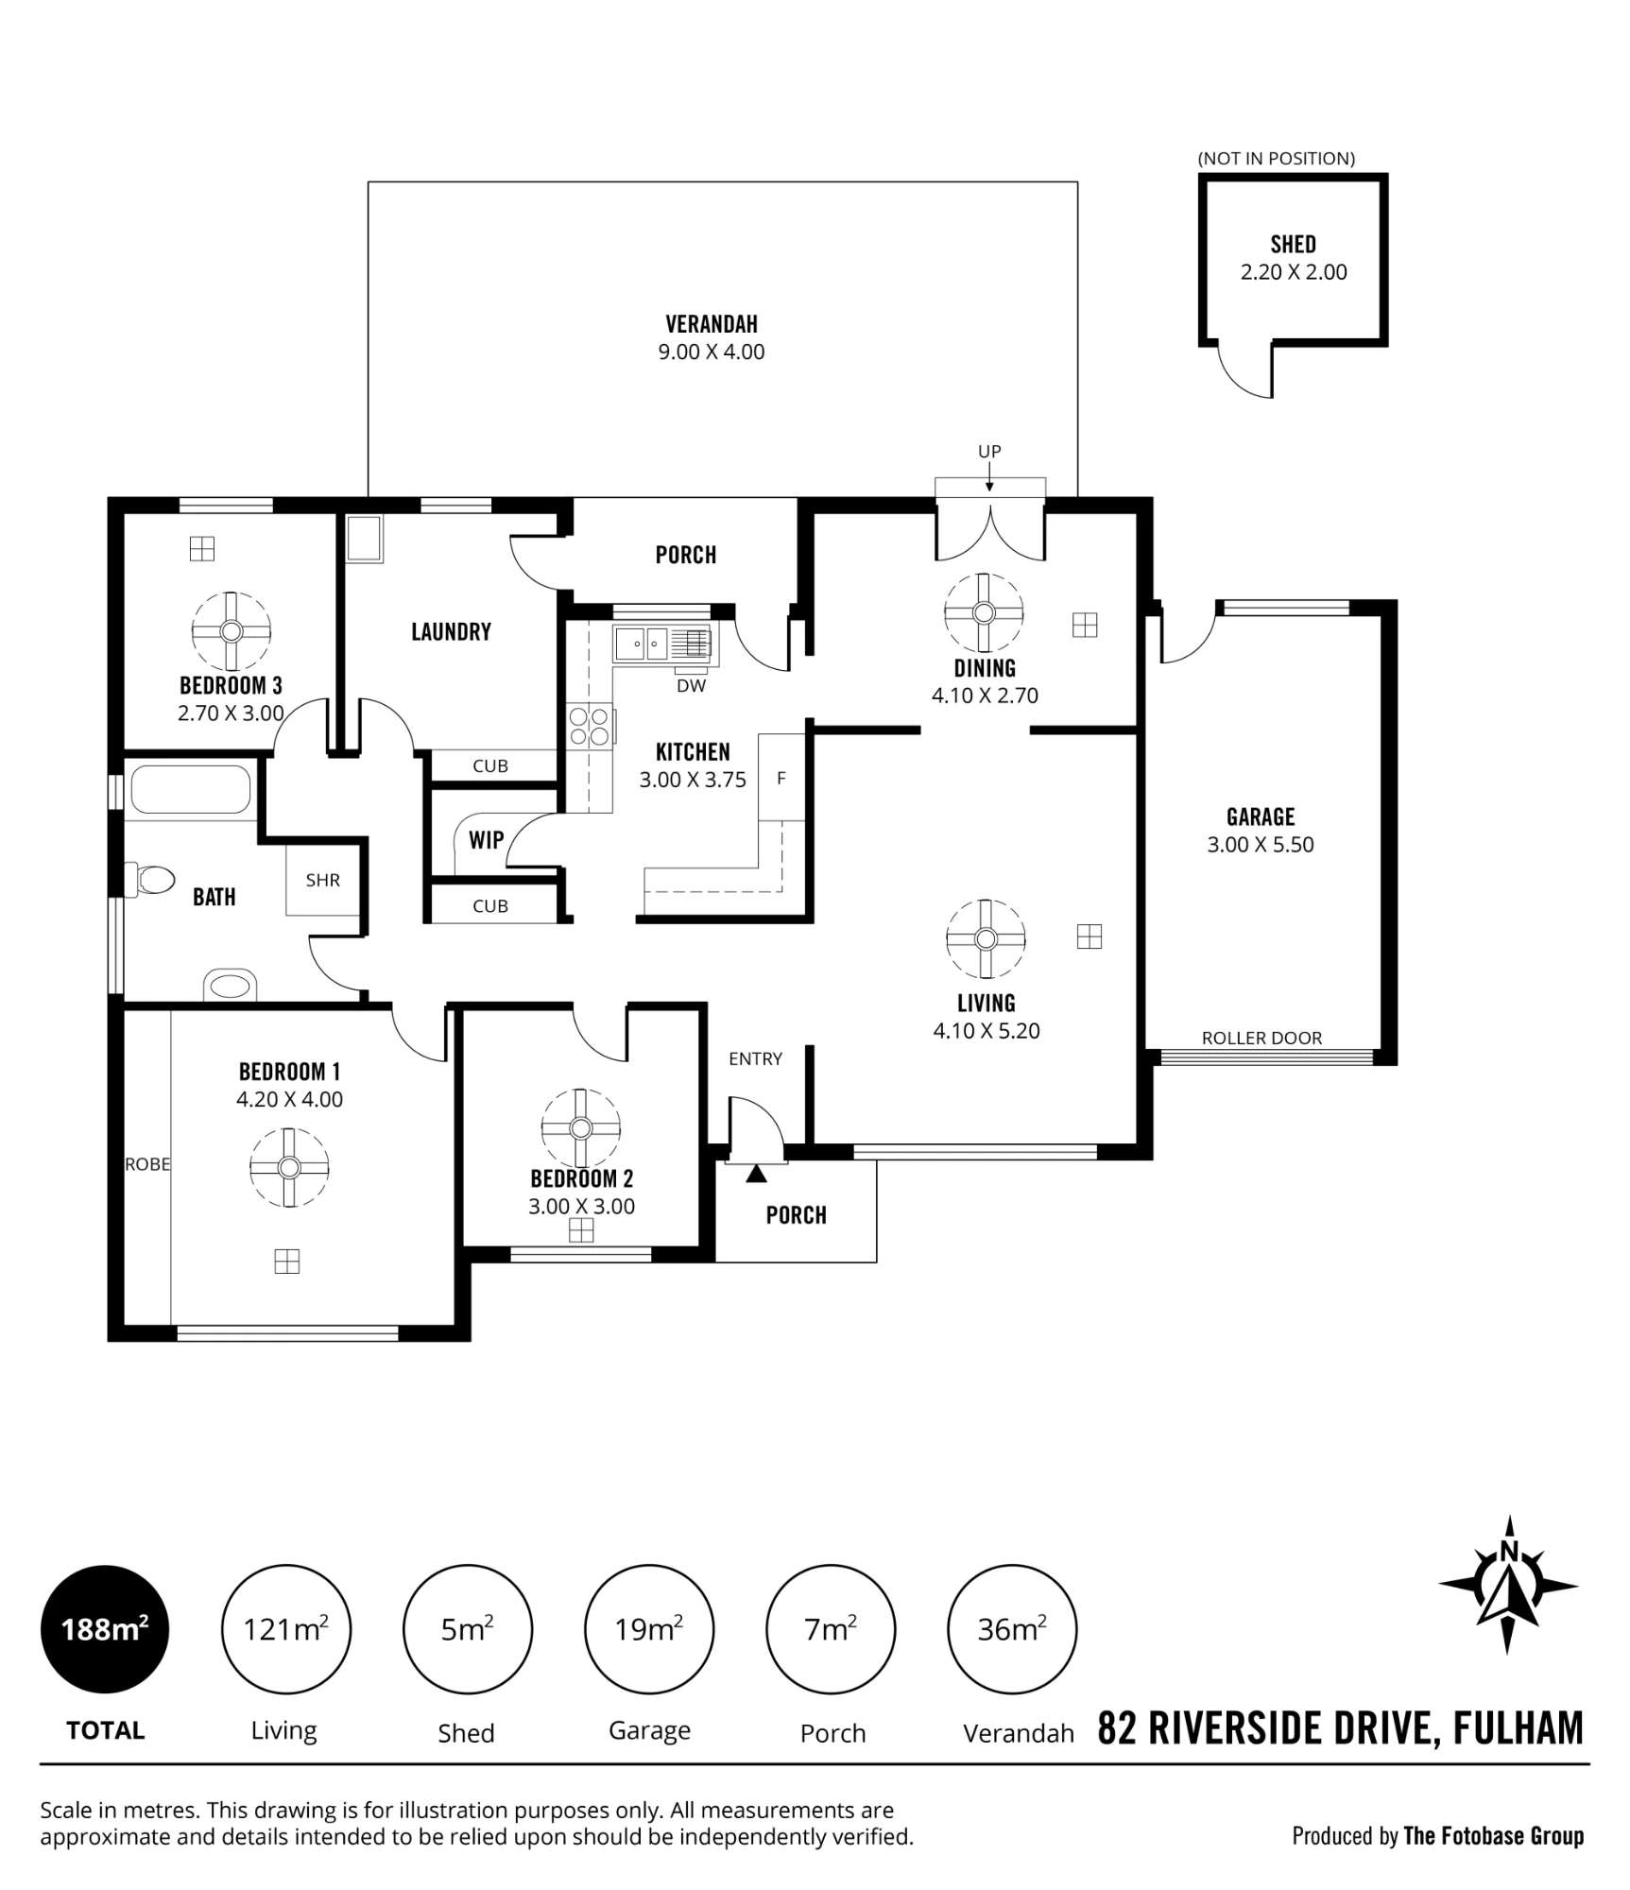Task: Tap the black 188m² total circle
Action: click(x=105, y=1629)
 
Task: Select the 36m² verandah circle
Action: click(x=1012, y=1629)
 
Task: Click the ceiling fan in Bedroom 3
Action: click(x=232, y=631)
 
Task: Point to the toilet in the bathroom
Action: click(x=151, y=881)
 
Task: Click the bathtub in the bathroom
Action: click(x=191, y=789)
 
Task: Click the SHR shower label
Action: click(x=323, y=880)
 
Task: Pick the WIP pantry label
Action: click(x=487, y=839)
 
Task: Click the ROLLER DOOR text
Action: click(x=1261, y=1038)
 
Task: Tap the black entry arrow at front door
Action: click(x=756, y=1175)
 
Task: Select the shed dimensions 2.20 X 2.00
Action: click(x=1294, y=272)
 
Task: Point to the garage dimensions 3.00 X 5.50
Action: click(x=1261, y=845)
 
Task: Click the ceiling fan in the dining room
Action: click(x=984, y=613)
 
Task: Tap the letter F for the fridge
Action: click(x=781, y=779)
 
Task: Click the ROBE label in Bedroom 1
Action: click(x=147, y=1164)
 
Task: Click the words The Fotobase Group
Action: click(x=1493, y=1836)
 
